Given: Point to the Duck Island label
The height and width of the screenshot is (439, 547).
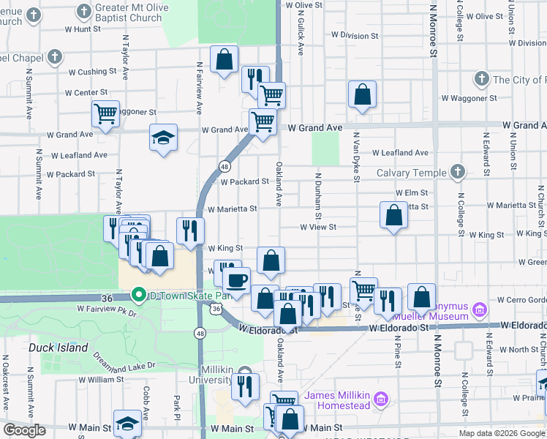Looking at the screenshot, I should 52,348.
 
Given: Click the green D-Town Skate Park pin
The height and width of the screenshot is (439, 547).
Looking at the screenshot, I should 137,296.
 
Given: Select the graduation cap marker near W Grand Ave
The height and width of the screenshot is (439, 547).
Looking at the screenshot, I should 163,137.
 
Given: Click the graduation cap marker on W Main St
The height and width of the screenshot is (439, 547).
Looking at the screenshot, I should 127,424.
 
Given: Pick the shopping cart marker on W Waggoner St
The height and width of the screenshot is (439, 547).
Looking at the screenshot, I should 105,113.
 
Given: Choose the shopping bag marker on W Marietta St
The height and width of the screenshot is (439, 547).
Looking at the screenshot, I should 393,215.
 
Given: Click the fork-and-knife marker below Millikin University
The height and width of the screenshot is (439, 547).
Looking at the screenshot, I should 245,385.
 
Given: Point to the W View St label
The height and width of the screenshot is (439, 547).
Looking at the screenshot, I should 318,228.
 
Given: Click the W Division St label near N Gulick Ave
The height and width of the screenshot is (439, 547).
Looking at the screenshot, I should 355,34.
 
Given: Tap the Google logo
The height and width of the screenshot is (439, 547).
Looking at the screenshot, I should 24,430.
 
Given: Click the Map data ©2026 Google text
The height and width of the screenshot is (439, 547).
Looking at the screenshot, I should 502,433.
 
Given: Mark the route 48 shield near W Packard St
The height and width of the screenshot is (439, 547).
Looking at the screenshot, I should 224,167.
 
